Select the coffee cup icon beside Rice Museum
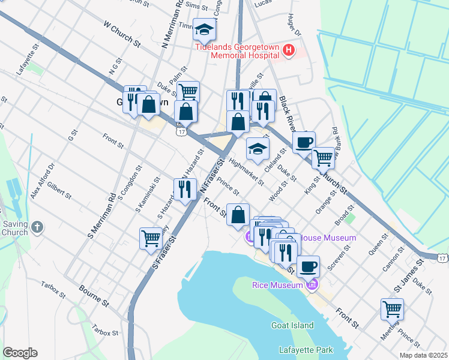coord(308,266)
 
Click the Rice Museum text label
coord(277,285)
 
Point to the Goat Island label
coord(292,325)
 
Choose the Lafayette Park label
coord(306,349)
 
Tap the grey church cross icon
coord(38,227)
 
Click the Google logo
coord(20,353)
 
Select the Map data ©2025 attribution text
coord(423,355)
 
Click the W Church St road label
coord(122,35)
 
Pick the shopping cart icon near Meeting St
coord(392,309)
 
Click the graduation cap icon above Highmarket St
coord(258,149)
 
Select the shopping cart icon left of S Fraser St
coord(151,238)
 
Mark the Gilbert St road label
coord(59,192)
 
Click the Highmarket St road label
coord(246,172)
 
